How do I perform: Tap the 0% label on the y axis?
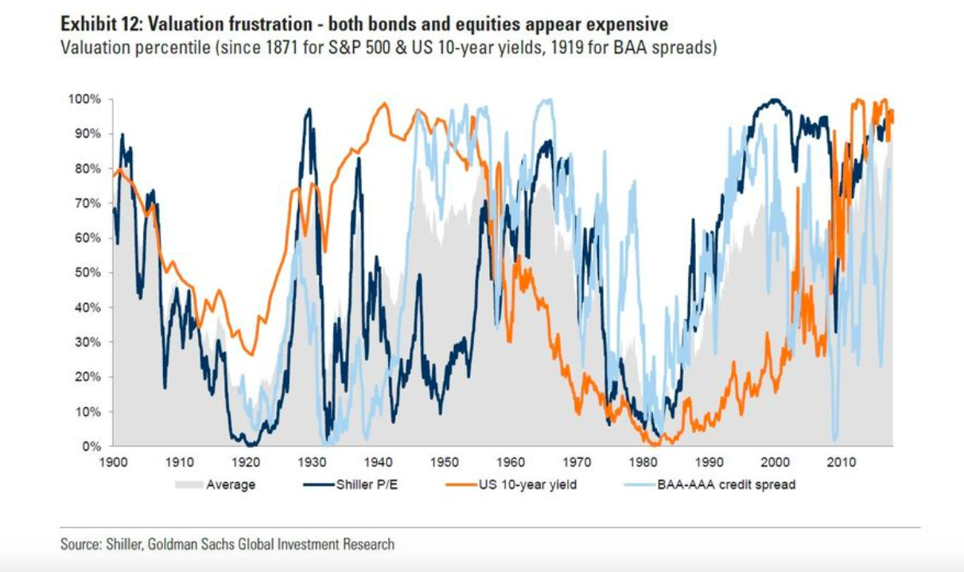click(x=93, y=446)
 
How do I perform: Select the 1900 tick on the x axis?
click(x=112, y=461)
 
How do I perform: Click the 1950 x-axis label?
click(x=445, y=461)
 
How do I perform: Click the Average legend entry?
click(x=231, y=484)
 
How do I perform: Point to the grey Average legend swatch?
click(x=184, y=484)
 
